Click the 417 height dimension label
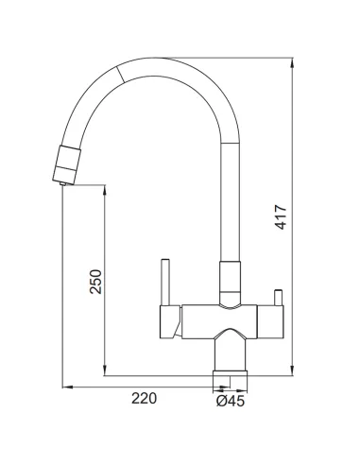281,217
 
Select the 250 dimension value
95,282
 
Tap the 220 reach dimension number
144,398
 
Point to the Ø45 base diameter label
231,401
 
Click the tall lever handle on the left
165,282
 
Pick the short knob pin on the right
279,298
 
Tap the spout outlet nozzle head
66,164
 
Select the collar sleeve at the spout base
231,284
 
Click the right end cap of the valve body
270,321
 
